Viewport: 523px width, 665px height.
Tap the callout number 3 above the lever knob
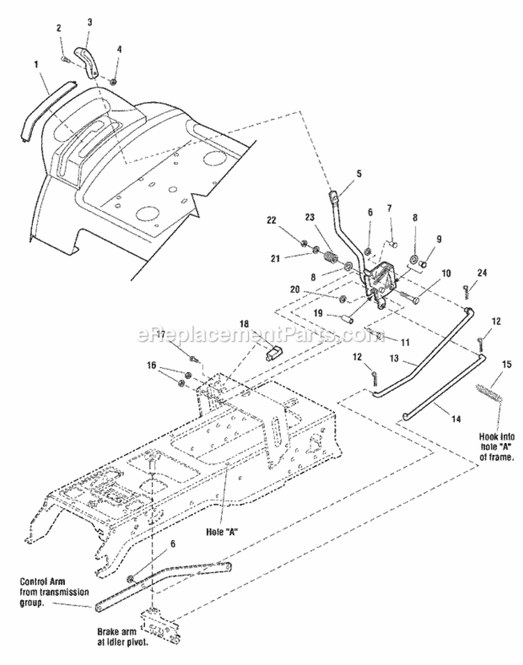click(x=89, y=22)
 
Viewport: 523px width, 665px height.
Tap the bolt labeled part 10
click(x=410, y=296)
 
